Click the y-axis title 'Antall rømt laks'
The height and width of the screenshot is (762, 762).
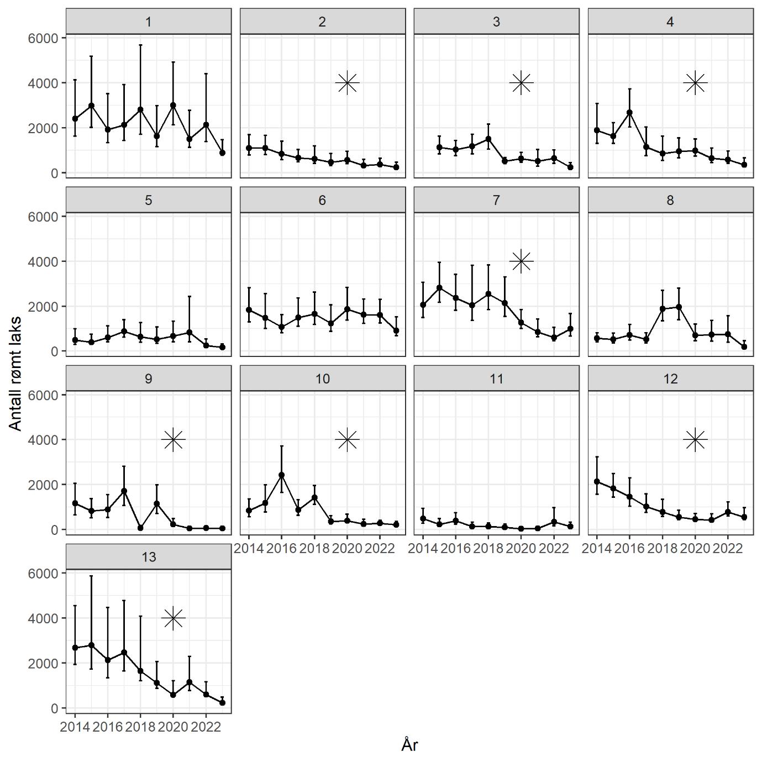(15, 374)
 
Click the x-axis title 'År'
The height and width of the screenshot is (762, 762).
(409, 745)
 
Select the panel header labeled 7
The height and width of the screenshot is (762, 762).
(496, 200)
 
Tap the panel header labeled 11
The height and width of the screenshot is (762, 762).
(496, 379)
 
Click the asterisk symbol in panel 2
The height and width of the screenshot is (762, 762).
(347, 83)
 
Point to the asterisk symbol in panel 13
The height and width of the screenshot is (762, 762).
(173, 618)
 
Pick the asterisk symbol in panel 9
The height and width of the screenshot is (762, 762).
(173, 440)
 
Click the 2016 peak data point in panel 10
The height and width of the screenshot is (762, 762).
(281, 475)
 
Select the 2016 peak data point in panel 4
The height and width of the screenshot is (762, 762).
(629, 113)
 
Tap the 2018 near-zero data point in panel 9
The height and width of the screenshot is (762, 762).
(140, 528)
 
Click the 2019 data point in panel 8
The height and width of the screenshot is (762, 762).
(679, 307)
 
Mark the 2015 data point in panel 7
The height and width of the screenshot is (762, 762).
(439, 287)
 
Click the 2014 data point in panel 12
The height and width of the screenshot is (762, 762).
(597, 481)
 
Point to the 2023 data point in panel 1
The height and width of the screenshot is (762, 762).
(222, 153)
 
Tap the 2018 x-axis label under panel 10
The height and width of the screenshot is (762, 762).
(314, 548)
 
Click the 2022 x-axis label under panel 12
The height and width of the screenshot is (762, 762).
(727, 548)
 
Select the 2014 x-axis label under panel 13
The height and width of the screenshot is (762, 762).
(75, 727)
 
